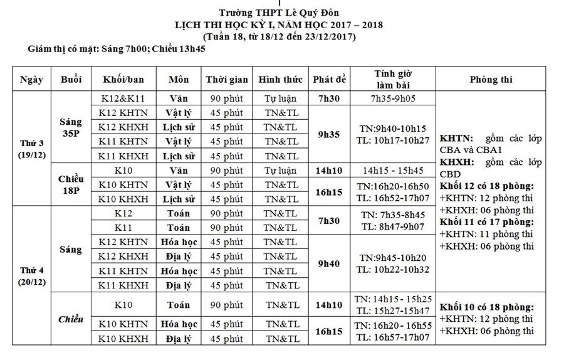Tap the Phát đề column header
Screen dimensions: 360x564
pyautogui.click(x=329, y=80)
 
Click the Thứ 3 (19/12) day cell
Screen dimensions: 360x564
pyautogui.click(x=31, y=149)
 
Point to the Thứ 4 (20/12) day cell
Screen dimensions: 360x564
pyautogui.click(x=31, y=277)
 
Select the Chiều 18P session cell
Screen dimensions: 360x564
pyautogui.click(x=71, y=184)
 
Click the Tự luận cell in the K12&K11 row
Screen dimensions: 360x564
pyautogui.click(x=280, y=98)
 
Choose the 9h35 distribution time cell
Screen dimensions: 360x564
pyautogui.click(x=329, y=134)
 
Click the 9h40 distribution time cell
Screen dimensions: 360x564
pyautogui.click(x=329, y=263)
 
